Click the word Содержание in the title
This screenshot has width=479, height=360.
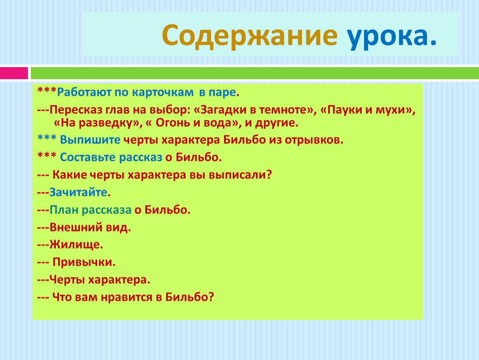coord(249,36)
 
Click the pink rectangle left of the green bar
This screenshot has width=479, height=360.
coord(14,73)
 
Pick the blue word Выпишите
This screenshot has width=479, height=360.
coord(90,140)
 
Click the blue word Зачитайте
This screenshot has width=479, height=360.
coord(78,192)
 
